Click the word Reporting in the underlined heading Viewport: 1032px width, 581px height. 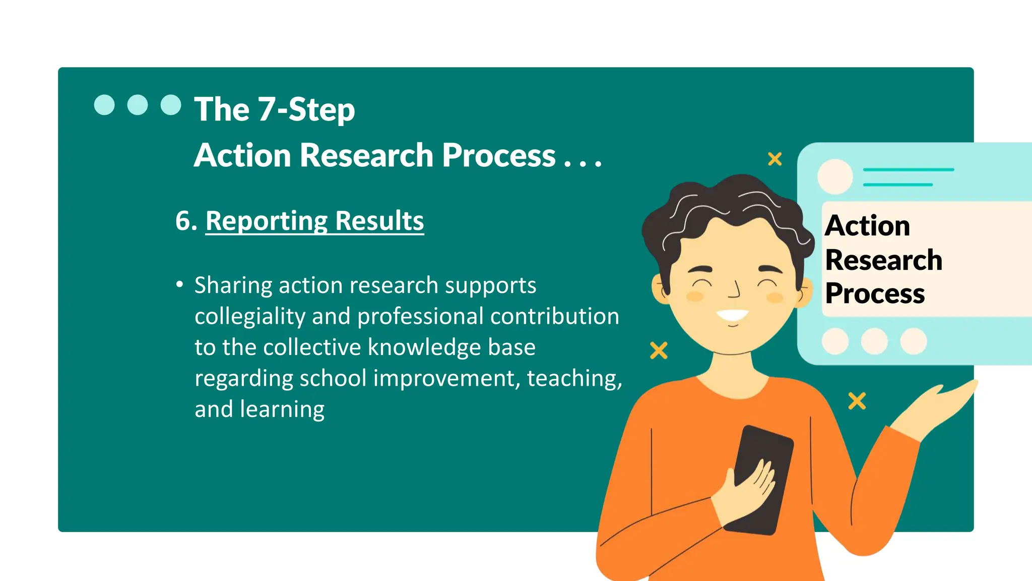[267, 221]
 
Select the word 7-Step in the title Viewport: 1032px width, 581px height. [306, 109]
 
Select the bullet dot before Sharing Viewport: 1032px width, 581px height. [179, 284]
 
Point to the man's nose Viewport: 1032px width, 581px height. [735, 290]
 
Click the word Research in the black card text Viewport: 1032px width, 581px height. [883, 260]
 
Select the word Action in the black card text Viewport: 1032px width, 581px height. [867, 225]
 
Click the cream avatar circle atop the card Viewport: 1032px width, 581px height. [835, 177]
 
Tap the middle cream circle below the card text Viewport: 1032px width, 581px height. [874, 341]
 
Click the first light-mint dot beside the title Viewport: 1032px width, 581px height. [104, 105]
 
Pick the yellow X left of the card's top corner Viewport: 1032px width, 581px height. [775, 159]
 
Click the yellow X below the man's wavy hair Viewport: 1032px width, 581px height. [659, 350]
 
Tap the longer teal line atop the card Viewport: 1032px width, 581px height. [908, 170]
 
